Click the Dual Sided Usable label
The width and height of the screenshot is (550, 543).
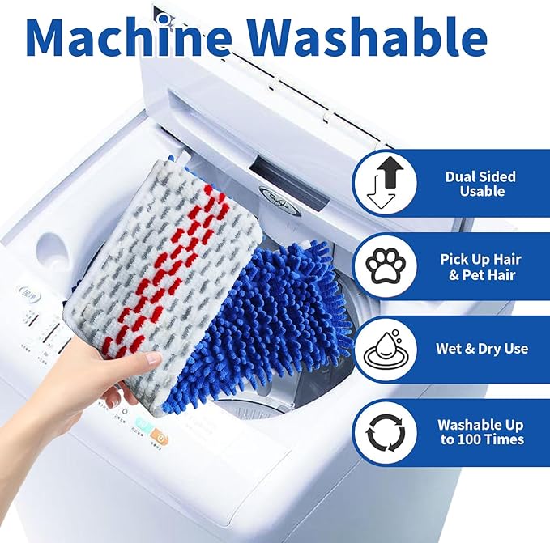(480, 185)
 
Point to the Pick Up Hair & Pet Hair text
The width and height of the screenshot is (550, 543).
(480, 266)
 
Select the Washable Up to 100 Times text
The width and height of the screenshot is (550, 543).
(480, 432)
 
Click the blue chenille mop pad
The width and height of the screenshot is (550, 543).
(267, 324)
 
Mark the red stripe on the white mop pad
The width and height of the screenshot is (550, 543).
(174, 267)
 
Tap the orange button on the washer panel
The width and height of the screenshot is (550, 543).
(161, 438)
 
